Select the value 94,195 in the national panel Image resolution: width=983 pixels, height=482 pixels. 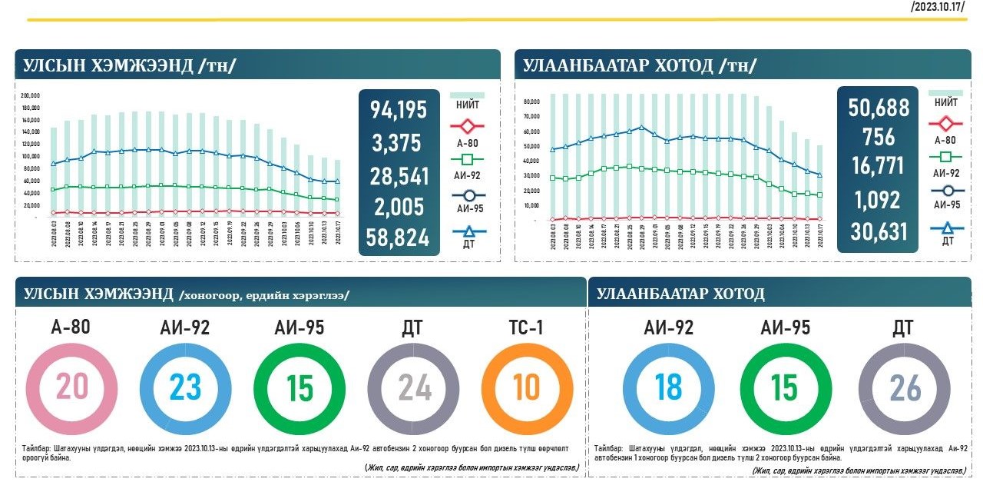[399, 110]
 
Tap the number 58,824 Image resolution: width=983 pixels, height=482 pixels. [399, 238]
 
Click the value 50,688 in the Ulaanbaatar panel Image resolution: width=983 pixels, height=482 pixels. [879, 108]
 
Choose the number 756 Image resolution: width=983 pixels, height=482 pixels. [879, 138]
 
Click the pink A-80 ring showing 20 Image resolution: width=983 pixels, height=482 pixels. [71, 387]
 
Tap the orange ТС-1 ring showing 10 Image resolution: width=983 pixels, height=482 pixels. [527, 387]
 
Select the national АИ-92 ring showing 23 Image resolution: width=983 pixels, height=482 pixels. [185, 387]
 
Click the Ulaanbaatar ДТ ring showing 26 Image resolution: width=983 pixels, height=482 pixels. [904, 388]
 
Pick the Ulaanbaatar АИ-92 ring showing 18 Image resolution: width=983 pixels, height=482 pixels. [668, 388]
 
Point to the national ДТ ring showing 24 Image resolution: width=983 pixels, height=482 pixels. [413, 387]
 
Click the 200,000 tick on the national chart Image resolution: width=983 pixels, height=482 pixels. [31, 95]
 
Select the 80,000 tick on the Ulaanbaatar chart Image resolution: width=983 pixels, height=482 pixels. [531, 101]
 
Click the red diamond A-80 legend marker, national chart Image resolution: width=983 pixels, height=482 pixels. [467, 125]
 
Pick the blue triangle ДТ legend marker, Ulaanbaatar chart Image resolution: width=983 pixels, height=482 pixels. [945, 228]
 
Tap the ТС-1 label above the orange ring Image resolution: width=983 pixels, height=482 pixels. [526, 327]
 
